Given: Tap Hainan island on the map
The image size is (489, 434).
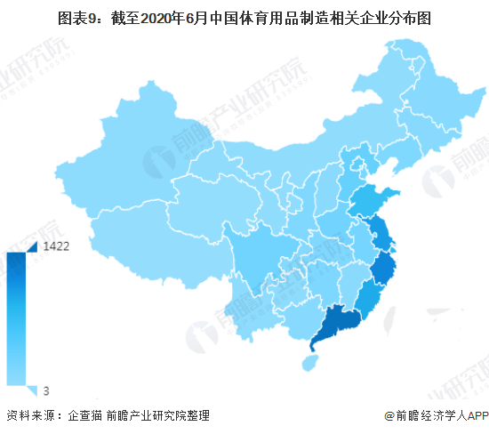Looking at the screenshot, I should tap(309, 363).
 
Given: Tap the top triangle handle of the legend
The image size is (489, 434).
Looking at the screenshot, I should tap(31, 245).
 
